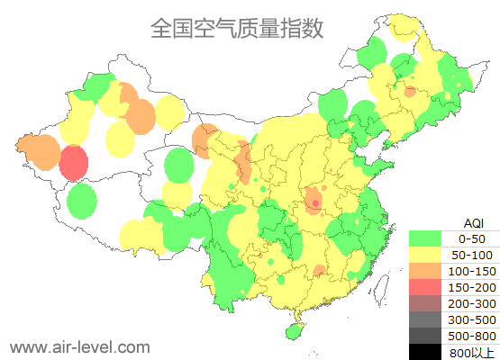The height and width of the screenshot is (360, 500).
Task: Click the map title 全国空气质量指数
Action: tap(236, 29)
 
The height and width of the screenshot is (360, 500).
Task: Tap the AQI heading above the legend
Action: tap(473, 222)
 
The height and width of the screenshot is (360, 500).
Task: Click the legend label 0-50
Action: tap(472, 238)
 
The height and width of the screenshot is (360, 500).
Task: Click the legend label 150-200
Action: tap(472, 287)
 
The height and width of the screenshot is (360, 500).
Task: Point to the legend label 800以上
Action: tap(472, 352)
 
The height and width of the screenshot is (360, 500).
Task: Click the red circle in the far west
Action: tap(74, 164)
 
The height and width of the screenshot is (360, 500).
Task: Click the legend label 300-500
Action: tap(472, 319)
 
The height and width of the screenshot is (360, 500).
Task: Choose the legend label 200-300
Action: tap(472, 303)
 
